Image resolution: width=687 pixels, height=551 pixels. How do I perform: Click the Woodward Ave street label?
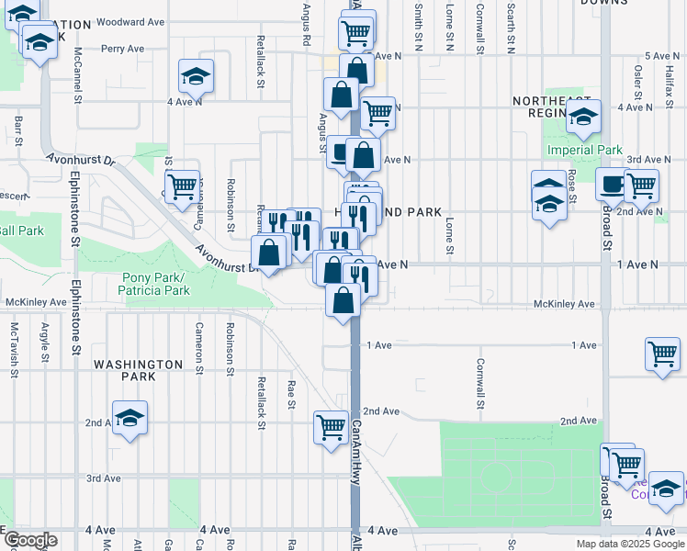[x=130, y=21]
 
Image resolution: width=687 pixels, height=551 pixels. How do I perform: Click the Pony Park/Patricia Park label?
[x=155, y=285]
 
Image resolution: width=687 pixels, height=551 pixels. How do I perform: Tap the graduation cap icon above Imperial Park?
[x=583, y=116]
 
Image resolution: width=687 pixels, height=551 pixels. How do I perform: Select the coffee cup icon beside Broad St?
[x=611, y=184]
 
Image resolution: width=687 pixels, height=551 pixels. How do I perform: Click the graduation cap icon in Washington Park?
[x=130, y=418]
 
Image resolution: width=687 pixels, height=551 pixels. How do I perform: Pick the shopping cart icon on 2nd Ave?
[x=331, y=426]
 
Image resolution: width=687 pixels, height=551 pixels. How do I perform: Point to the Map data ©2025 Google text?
[x=631, y=544]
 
